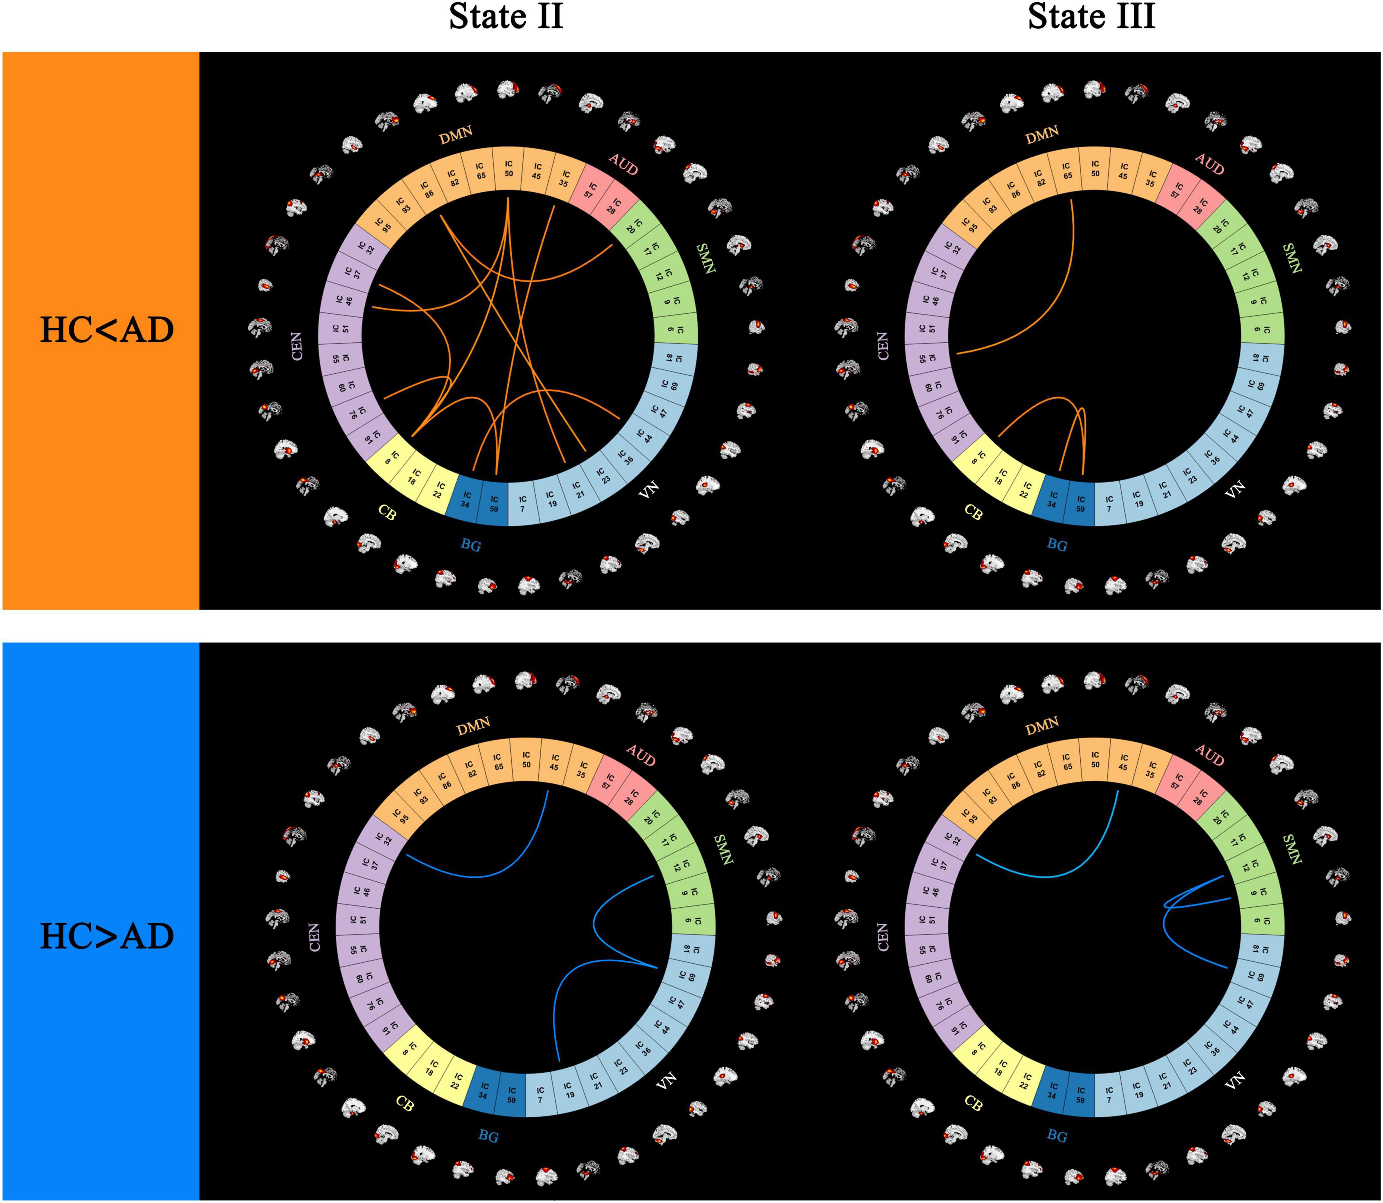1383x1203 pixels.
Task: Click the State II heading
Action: (506, 17)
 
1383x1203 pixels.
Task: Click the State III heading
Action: (1092, 17)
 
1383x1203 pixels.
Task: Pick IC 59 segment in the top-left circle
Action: (494, 503)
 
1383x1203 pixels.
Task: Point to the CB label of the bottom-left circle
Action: (404, 1104)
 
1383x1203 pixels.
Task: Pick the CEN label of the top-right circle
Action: (883, 346)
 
